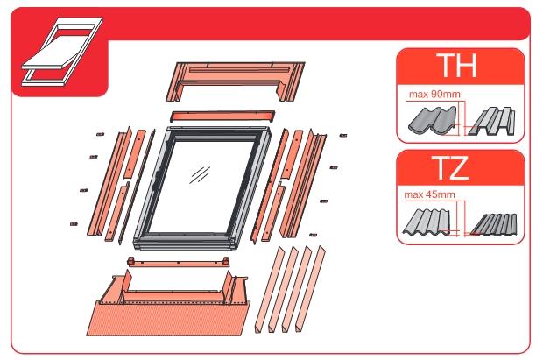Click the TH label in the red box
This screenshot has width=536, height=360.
pos(458,66)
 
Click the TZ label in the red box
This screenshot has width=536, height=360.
pos(451,167)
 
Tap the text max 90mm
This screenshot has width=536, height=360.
pos(434,94)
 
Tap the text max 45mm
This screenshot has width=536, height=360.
pos(429,194)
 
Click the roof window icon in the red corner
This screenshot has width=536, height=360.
pos(62,52)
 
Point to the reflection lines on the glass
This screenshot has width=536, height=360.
pos(200,175)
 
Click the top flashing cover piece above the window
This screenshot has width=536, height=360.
pos(236,81)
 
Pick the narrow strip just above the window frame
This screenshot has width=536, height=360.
pos(222,116)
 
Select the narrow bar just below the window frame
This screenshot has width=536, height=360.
pos(178,262)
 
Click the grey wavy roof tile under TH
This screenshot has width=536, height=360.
pos(433,120)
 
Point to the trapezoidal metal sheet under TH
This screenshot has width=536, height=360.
pos(491,122)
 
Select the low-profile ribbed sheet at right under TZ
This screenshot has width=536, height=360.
pos(494,224)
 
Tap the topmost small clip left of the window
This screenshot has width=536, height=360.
pos(100,134)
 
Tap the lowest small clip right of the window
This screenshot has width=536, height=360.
pos(313,235)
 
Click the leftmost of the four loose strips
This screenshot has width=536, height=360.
pos(270,289)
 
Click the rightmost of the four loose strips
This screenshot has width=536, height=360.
pos(311,288)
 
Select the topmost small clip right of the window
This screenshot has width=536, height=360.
pos(343,136)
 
